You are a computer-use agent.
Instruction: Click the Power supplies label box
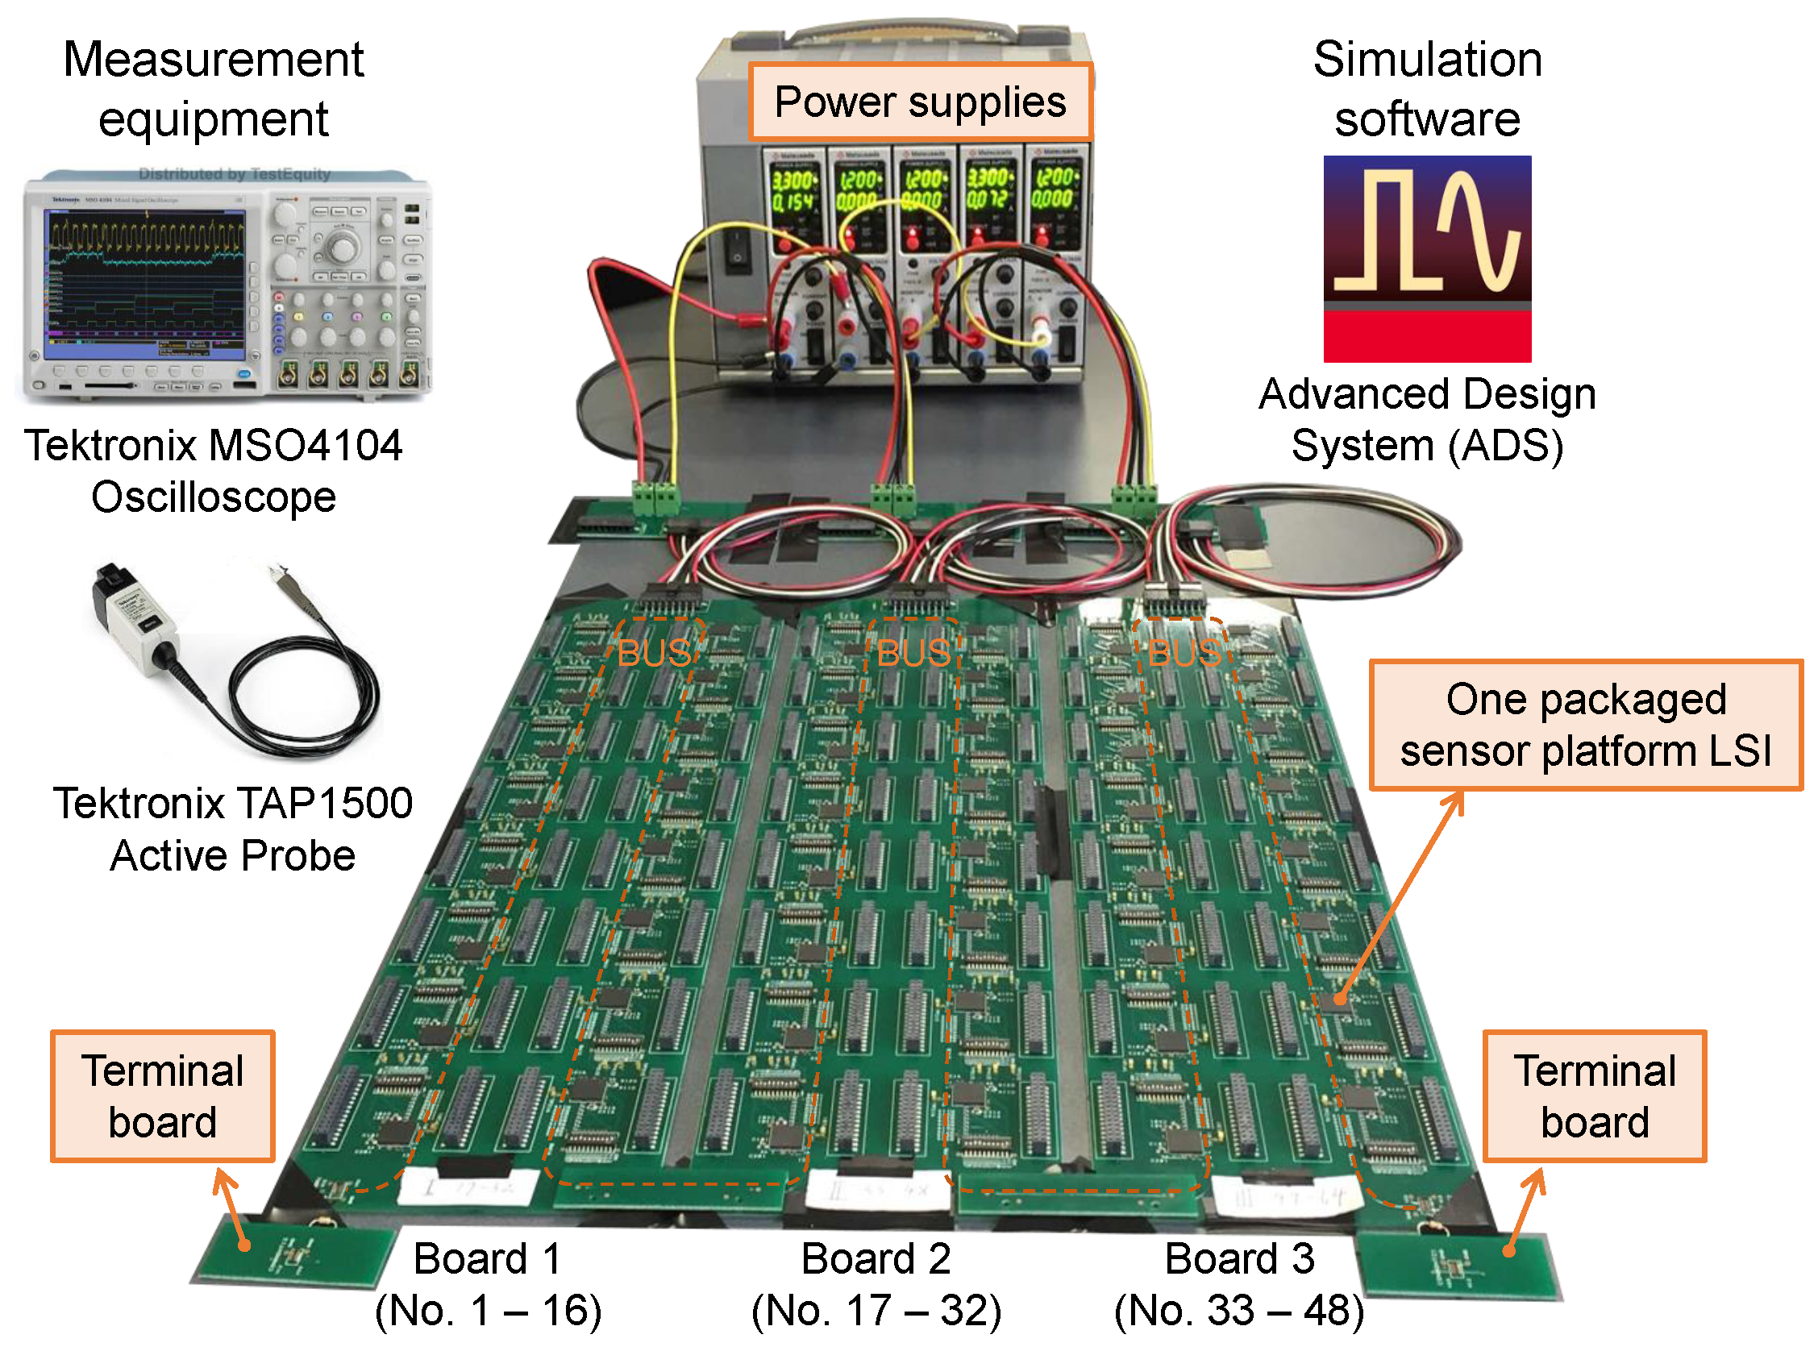(x=920, y=101)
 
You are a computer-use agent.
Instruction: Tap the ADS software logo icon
(x=1427, y=259)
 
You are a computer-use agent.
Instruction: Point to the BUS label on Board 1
(x=654, y=653)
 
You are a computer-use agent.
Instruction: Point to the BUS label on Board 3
(x=1184, y=653)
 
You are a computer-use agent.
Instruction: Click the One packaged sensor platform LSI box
(x=1585, y=725)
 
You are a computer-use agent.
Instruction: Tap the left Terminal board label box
(x=162, y=1095)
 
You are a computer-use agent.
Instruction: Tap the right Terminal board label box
(x=1594, y=1095)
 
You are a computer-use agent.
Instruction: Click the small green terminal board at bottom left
(x=293, y=1256)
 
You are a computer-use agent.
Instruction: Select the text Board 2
(x=876, y=1258)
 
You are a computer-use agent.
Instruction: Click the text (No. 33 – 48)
(x=1238, y=1310)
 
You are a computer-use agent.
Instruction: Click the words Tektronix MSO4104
(x=213, y=446)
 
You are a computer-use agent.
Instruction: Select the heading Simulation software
(x=1427, y=89)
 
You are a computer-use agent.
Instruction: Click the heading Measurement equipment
(x=213, y=89)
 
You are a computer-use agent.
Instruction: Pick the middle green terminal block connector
(x=892, y=495)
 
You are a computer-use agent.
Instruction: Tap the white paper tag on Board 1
(x=468, y=1187)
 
